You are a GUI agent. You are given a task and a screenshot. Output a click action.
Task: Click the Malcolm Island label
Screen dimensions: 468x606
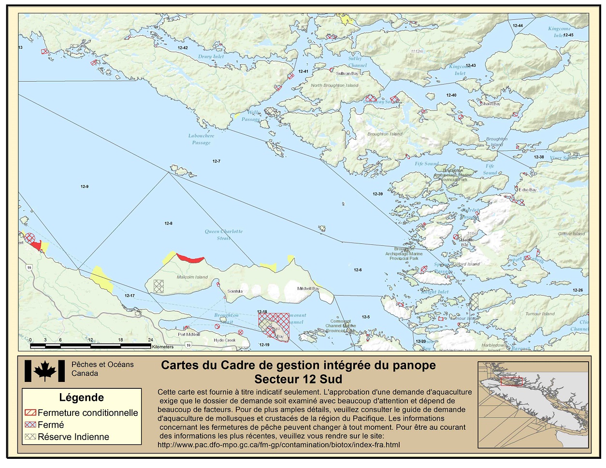(x=192, y=277)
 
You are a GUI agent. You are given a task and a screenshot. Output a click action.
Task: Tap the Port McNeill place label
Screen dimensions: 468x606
(x=188, y=334)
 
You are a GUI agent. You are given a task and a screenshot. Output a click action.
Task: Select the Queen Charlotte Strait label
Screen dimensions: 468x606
(x=223, y=235)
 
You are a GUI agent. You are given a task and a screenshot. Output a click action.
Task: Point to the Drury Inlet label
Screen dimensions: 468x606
(x=211, y=57)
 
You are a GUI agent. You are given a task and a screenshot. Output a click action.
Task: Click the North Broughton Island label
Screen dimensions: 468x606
(x=334, y=85)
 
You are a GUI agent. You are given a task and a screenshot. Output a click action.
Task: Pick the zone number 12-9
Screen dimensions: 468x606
(x=85, y=186)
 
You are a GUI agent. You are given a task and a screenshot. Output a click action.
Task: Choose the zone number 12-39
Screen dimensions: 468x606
(x=377, y=194)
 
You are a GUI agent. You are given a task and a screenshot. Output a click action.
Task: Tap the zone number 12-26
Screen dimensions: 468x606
(x=577, y=290)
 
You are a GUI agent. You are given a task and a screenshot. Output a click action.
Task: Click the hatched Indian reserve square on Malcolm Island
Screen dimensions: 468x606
(x=159, y=286)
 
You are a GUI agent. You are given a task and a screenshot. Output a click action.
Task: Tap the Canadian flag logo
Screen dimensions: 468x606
(x=44, y=371)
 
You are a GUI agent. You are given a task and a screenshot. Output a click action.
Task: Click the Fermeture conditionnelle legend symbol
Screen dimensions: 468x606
(x=30, y=413)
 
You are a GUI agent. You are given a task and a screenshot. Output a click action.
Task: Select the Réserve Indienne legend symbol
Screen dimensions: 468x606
(x=30, y=437)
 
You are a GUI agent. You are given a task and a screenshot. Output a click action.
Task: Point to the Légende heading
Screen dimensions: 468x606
(x=81, y=397)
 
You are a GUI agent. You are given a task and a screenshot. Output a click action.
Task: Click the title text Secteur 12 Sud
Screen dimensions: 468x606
(x=298, y=379)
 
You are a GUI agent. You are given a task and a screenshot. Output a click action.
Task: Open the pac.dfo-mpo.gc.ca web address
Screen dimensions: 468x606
(x=278, y=445)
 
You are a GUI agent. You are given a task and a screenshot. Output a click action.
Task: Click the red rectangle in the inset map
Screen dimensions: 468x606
(x=511, y=382)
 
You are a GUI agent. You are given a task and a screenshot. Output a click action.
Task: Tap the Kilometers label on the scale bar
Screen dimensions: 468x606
(x=162, y=347)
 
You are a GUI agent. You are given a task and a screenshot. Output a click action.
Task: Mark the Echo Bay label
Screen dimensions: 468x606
(x=527, y=190)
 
